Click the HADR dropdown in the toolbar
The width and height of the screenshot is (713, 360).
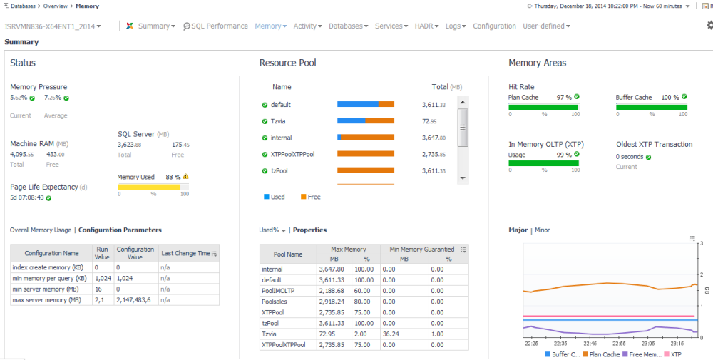[x=426, y=26]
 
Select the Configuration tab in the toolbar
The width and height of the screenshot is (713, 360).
[x=494, y=26]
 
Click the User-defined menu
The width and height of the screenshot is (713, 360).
[x=546, y=26]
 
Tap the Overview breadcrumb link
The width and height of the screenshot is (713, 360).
[x=56, y=6]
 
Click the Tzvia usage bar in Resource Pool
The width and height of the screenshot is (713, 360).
[x=365, y=121]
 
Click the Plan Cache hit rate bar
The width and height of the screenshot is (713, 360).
[x=543, y=108]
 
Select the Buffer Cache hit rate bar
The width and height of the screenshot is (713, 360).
[x=651, y=108]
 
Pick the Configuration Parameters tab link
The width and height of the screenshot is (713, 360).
[x=120, y=230]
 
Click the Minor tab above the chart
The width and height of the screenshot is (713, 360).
[x=542, y=230]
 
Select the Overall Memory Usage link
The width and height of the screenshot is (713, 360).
[x=41, y=230]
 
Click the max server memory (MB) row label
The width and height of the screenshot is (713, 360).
[x=47, y=300]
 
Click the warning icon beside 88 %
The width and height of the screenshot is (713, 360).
[x=186, y=177]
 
